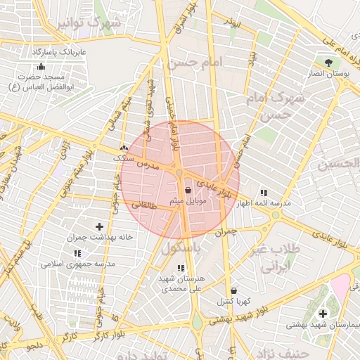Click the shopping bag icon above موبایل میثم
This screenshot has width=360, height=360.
pyautogui.click(x=188, y=190)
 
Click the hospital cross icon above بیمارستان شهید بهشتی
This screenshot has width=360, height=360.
pyautogui.click(x=323, y=314)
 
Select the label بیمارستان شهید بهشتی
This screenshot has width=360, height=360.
pyautogui.click(x=322, y=326)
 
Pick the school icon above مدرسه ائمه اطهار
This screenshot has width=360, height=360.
pyautogui.click(x=264, y=192)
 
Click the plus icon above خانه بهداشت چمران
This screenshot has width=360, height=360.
pyautogui.click(x=99, y=226)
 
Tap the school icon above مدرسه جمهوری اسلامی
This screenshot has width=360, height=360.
pyautogui.click(x=77, y=252)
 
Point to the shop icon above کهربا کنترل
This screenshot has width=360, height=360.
pyautogui.click(x=233, y=290)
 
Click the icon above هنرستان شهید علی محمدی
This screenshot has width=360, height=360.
pyautogui.click(x=181, y=268)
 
